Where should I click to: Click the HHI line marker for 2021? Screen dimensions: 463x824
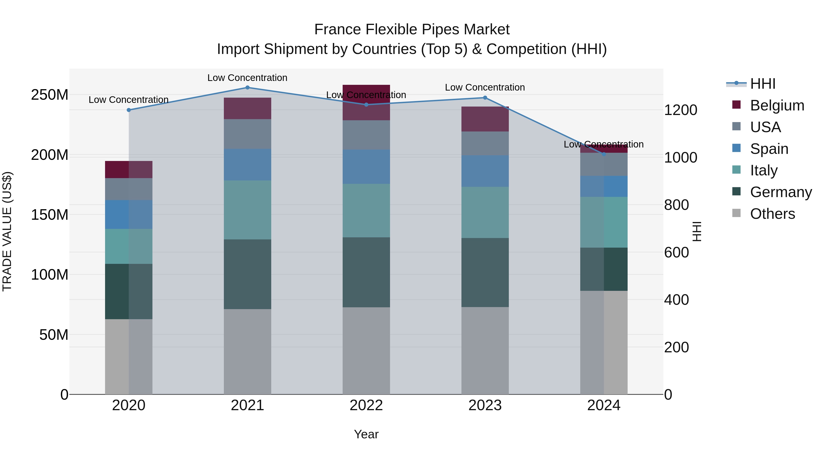pos(247,88)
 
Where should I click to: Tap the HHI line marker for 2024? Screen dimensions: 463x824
pos(604,154)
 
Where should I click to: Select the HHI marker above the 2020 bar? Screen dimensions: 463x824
pos(129,110)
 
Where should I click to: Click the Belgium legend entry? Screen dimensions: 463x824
pos(777,105)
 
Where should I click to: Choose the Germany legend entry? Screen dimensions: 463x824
pos(781,192)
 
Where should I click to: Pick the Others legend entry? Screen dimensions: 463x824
pos(772,214)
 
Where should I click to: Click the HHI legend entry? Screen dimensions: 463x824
pos(763,84)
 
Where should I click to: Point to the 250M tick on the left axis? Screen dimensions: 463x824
pos(50,95)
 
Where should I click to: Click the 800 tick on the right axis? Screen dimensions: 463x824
pos(676,205)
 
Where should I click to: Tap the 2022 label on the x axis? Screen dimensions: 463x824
pos(366,405)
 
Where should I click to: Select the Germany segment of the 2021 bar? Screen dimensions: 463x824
pos(247,274)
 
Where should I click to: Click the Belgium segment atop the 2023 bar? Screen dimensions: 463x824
pos(485,119)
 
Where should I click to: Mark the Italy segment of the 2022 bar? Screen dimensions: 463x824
pos(366,210)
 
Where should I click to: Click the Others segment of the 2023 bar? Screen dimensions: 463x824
pos(485,351)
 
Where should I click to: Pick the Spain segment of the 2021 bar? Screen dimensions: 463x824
pos(247,165)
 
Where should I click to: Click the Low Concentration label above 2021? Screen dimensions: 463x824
pos(247,78)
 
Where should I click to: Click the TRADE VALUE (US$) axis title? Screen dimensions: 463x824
pos(7,231)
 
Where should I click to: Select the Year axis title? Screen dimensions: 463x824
pos(366,434)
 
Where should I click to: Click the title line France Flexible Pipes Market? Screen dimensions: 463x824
pos(412,29)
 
